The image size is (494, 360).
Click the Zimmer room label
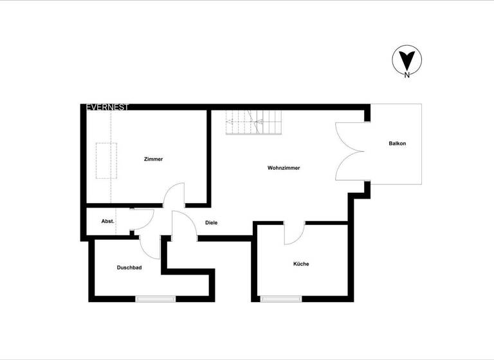tap(153, 159)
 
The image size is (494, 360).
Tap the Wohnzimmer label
tap(284, 168)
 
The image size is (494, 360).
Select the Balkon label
tap(397, 143)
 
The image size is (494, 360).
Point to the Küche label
tap(301, 264)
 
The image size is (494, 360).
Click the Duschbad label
tap(129, 267)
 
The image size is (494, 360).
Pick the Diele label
tap(211, 222)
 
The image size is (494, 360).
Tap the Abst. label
tap(107, 222)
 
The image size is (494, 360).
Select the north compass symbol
tap(406, 61)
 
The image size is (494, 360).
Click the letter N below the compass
tap(407, 76)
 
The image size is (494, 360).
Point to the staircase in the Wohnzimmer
tap(253, 122)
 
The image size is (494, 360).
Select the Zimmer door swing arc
tap(174, 195)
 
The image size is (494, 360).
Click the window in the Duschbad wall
tap(155, 298)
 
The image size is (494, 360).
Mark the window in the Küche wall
tap(280, 298)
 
